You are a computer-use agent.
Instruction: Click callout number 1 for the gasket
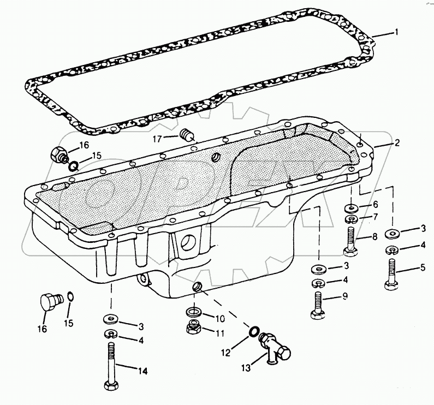397,32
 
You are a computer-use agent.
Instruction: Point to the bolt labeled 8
351,241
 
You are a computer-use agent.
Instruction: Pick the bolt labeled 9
317,303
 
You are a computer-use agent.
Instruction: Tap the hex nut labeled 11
193,327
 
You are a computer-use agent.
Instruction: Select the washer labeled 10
193,312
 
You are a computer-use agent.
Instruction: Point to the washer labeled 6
351,208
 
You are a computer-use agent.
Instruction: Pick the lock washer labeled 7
351,219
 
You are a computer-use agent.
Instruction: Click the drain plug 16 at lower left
48,302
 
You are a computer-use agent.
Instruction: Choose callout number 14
142,372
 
